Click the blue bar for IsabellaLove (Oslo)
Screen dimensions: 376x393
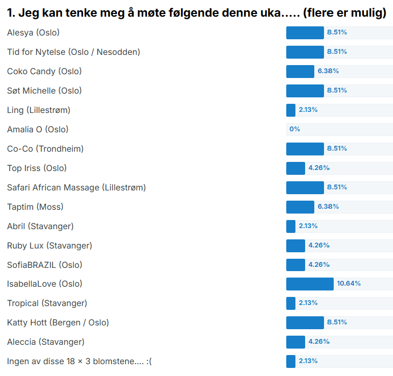[309, 284]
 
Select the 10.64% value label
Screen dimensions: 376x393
[349, 284]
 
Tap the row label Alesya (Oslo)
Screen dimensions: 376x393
[33, 33]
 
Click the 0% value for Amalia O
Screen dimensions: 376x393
[294, 129]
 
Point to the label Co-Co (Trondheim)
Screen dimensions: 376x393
[45, 148]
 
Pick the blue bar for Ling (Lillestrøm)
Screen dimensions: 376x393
[291, 110]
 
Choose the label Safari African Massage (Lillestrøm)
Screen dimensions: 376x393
[77, 187]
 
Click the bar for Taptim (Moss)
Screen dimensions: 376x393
[300, 207]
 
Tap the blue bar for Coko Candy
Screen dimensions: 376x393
[300, 71]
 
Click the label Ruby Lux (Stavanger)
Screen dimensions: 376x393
[50, 245]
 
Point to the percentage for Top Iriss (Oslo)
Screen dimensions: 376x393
[319, 168]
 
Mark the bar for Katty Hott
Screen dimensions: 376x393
[305, 323]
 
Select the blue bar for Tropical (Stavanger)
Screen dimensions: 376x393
[291, 303]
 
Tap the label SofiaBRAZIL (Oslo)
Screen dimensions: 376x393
[45, 265]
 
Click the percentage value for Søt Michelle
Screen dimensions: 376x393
[337, 90]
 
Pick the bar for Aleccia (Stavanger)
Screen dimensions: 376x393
[295, 342]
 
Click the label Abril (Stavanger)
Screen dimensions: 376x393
[40, 226]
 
